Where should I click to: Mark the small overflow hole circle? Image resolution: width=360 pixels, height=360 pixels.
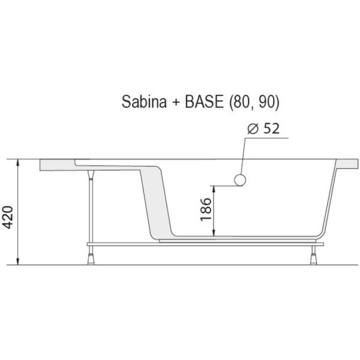[x=240, y=179]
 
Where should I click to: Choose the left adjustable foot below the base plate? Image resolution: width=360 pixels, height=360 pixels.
[x=92, y=256]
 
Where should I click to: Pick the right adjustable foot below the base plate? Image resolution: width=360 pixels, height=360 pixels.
[x=314, y=256]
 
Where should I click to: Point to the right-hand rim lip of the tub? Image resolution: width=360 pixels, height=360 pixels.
[x=345, y=166]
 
